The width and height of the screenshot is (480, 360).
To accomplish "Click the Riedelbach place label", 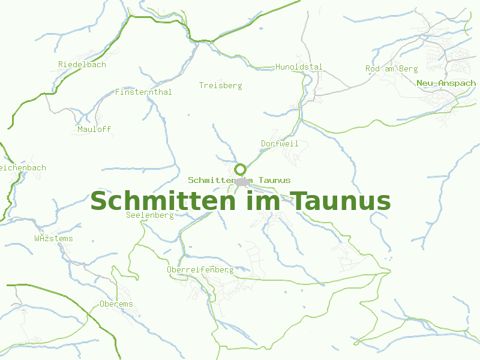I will [x=82, y=64].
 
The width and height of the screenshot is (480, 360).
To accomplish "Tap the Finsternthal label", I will [x=143, y=92].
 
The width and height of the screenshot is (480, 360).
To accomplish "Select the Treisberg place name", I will [x=220, y=85].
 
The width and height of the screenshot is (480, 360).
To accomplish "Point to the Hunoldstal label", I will [x=299, y=67].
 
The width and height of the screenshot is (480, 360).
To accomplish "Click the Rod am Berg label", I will [x=391, y=68].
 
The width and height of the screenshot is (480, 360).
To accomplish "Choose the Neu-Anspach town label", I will [x=446, y=83].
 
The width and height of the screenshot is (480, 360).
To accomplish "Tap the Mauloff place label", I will [x=94, y=129].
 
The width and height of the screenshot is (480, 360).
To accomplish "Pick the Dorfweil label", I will [x=280, y=143].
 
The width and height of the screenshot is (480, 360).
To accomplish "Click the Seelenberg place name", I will [x=150, y=215].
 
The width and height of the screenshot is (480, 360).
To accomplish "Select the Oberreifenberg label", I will [x=200, y=270].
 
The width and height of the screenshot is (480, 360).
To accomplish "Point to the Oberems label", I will [x=116, y=304].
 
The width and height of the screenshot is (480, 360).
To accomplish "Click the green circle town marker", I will [x=241, y=169].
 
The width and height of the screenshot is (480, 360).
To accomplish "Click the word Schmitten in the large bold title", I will [x=163, y=200].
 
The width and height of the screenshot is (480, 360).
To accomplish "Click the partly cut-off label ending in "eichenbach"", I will [x=23, y=167].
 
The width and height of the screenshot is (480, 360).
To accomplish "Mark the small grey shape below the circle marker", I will [x=242, y=181].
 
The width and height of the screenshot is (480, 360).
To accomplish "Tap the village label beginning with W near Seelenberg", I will [x=53, y=238].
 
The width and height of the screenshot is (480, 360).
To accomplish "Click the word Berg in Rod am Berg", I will [x=408, y=68].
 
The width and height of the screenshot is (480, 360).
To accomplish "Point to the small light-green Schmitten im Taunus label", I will [x=239, y=180].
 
